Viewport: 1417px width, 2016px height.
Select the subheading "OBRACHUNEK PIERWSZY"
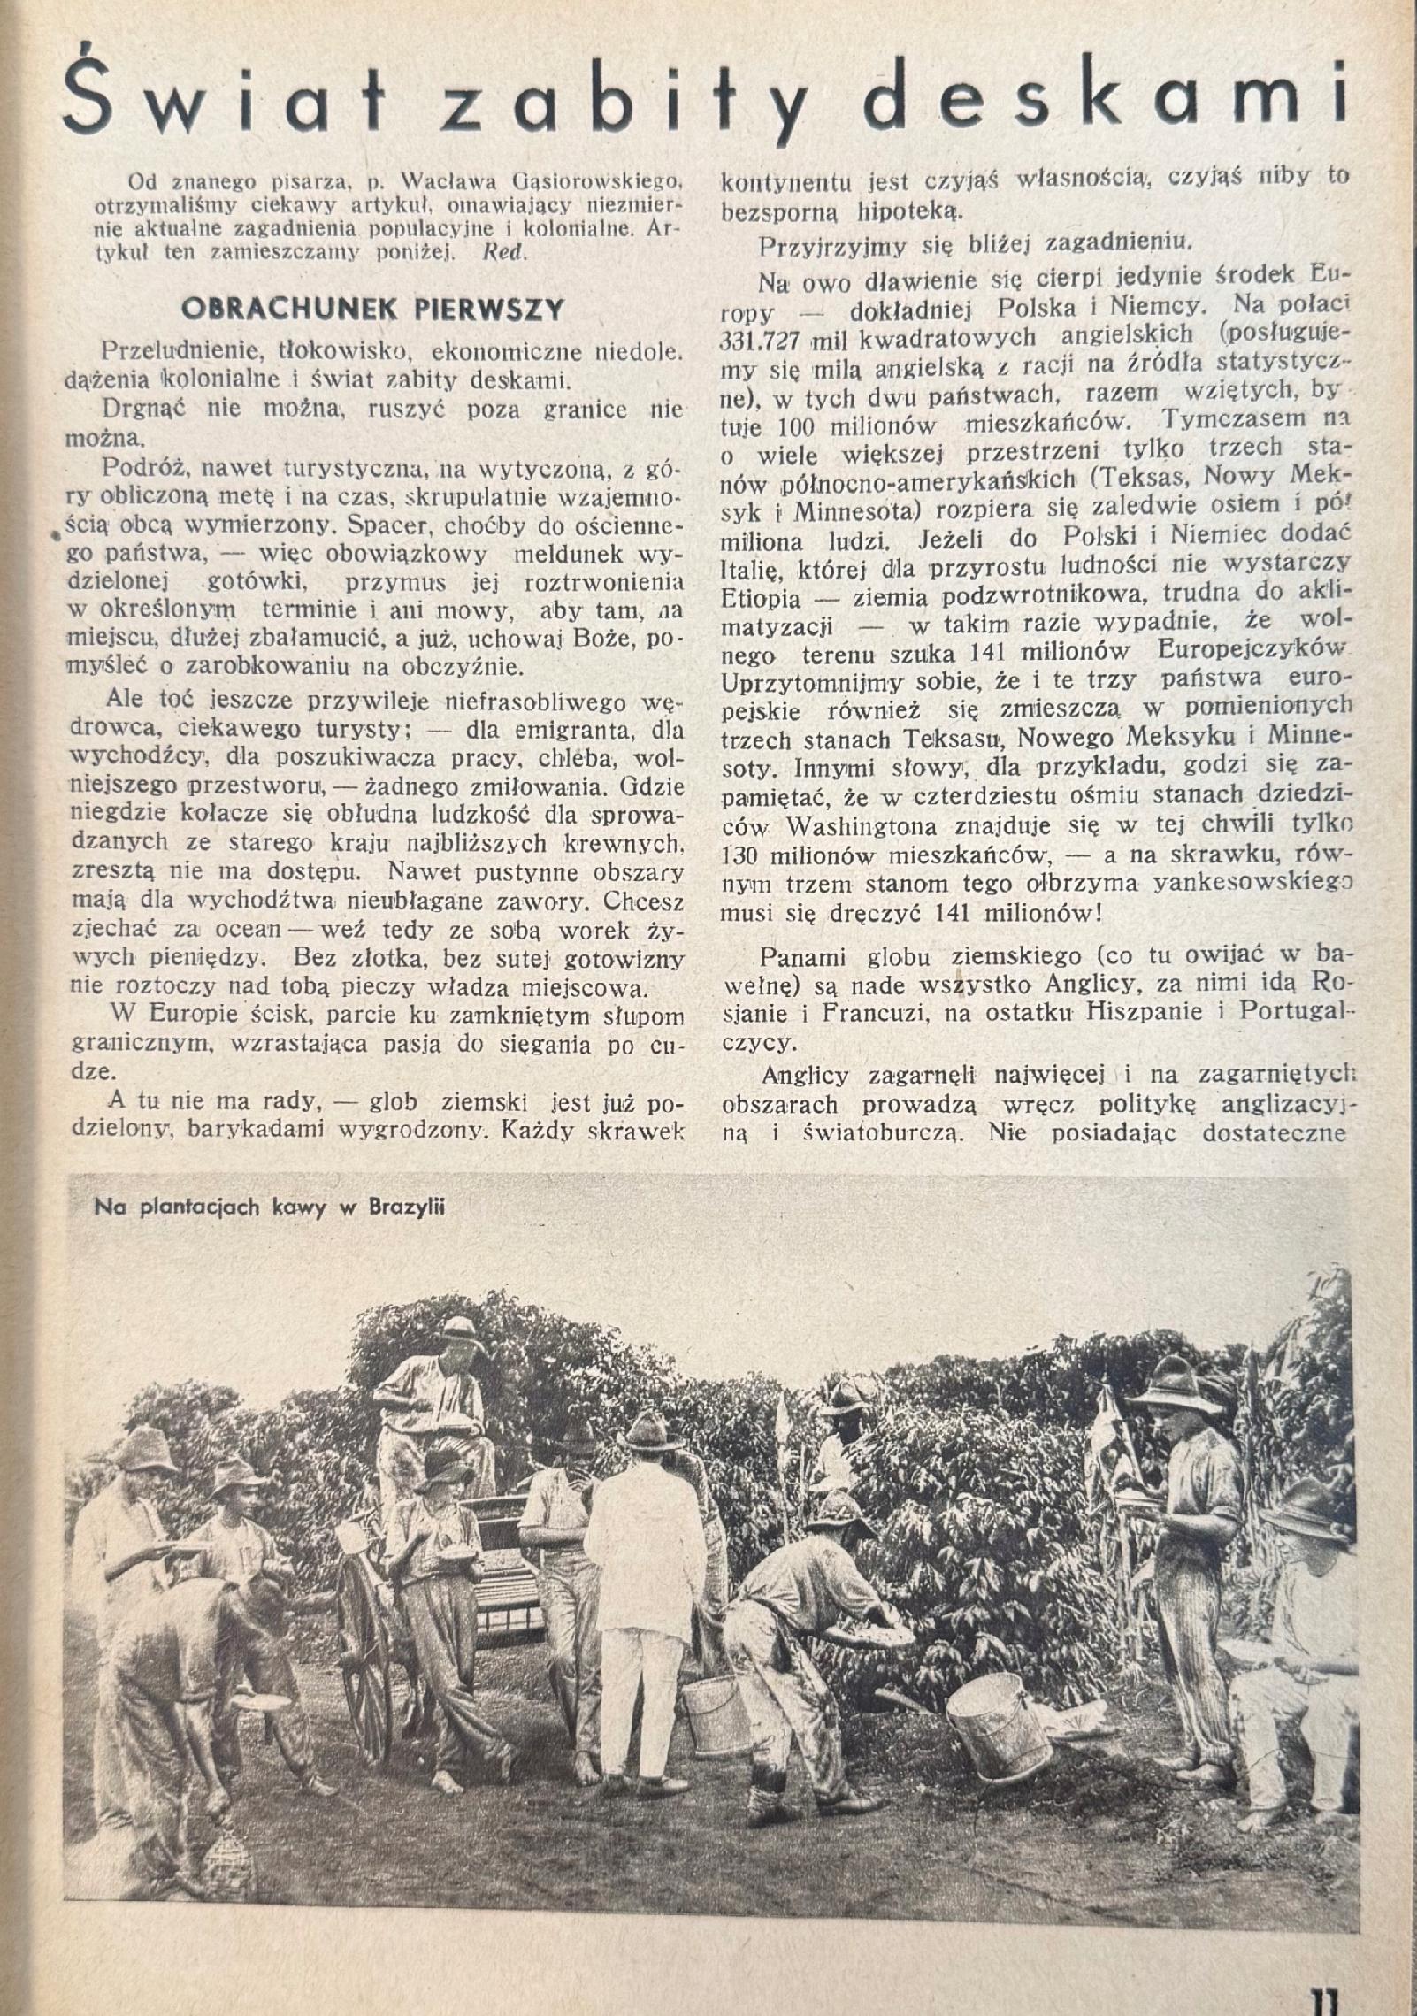point(371,309)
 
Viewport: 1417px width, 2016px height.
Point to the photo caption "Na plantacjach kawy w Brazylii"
point(269,1207)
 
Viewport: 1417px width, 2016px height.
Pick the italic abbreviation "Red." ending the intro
point(506,252)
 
